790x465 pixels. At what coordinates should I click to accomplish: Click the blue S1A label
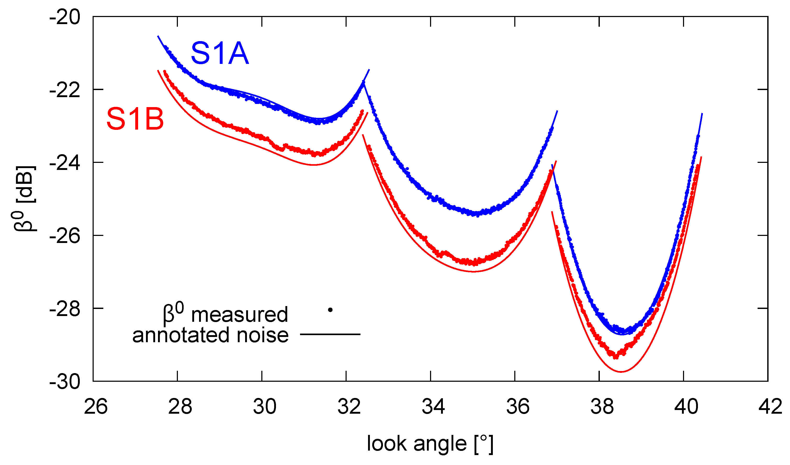pyautogui.click(x=219, y=54)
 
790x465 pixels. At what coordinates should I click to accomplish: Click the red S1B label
pyautogui.click(x=135, y=119)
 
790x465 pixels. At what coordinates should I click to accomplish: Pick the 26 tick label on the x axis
pyautogui.click(x=96, y=407)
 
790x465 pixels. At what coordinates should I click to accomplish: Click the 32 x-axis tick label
pyautogui.click(x=349, y=407)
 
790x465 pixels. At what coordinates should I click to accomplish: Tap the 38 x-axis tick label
pyautogui.click(x=602, y=407)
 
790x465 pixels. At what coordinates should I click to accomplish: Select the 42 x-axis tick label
pyautogui.click(x=770, y=407)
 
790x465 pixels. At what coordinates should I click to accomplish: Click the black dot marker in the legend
pyautogui.click(x=330, y=310)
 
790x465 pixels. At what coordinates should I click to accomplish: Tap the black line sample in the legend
pyautogui.click(x=330, y=334)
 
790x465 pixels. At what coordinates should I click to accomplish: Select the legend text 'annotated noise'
pyautogui.click(x=210, y=335)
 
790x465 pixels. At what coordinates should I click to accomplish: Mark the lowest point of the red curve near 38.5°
pyautogui.click(x=621, y=372)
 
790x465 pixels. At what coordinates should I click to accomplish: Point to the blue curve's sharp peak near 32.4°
pyautogui.click(x=364, y=82)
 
